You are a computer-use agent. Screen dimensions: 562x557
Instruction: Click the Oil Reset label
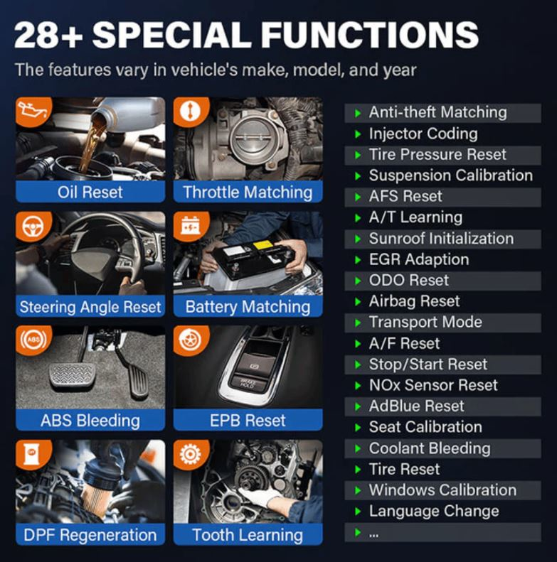point(90,193)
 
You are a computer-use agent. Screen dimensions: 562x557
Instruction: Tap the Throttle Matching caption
point(248,193)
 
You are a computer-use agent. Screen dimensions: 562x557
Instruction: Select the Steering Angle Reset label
point(90,307)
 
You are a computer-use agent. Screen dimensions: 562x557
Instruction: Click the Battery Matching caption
point(248,307)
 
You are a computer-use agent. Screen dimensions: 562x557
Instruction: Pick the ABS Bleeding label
point(90,421)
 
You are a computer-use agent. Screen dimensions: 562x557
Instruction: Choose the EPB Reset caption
point(248,421)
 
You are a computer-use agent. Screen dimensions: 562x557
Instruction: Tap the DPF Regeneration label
point(90,535)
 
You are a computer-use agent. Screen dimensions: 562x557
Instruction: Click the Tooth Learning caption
point(248,535)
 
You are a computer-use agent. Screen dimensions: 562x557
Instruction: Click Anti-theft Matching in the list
point(437,112)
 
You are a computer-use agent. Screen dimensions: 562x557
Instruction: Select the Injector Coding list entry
point(423,134)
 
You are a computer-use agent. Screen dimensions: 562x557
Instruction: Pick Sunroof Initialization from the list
point(440,239)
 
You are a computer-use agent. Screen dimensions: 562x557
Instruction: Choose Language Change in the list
point(433,512)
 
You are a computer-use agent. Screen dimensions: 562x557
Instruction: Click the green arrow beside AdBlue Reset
point(357,407)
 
